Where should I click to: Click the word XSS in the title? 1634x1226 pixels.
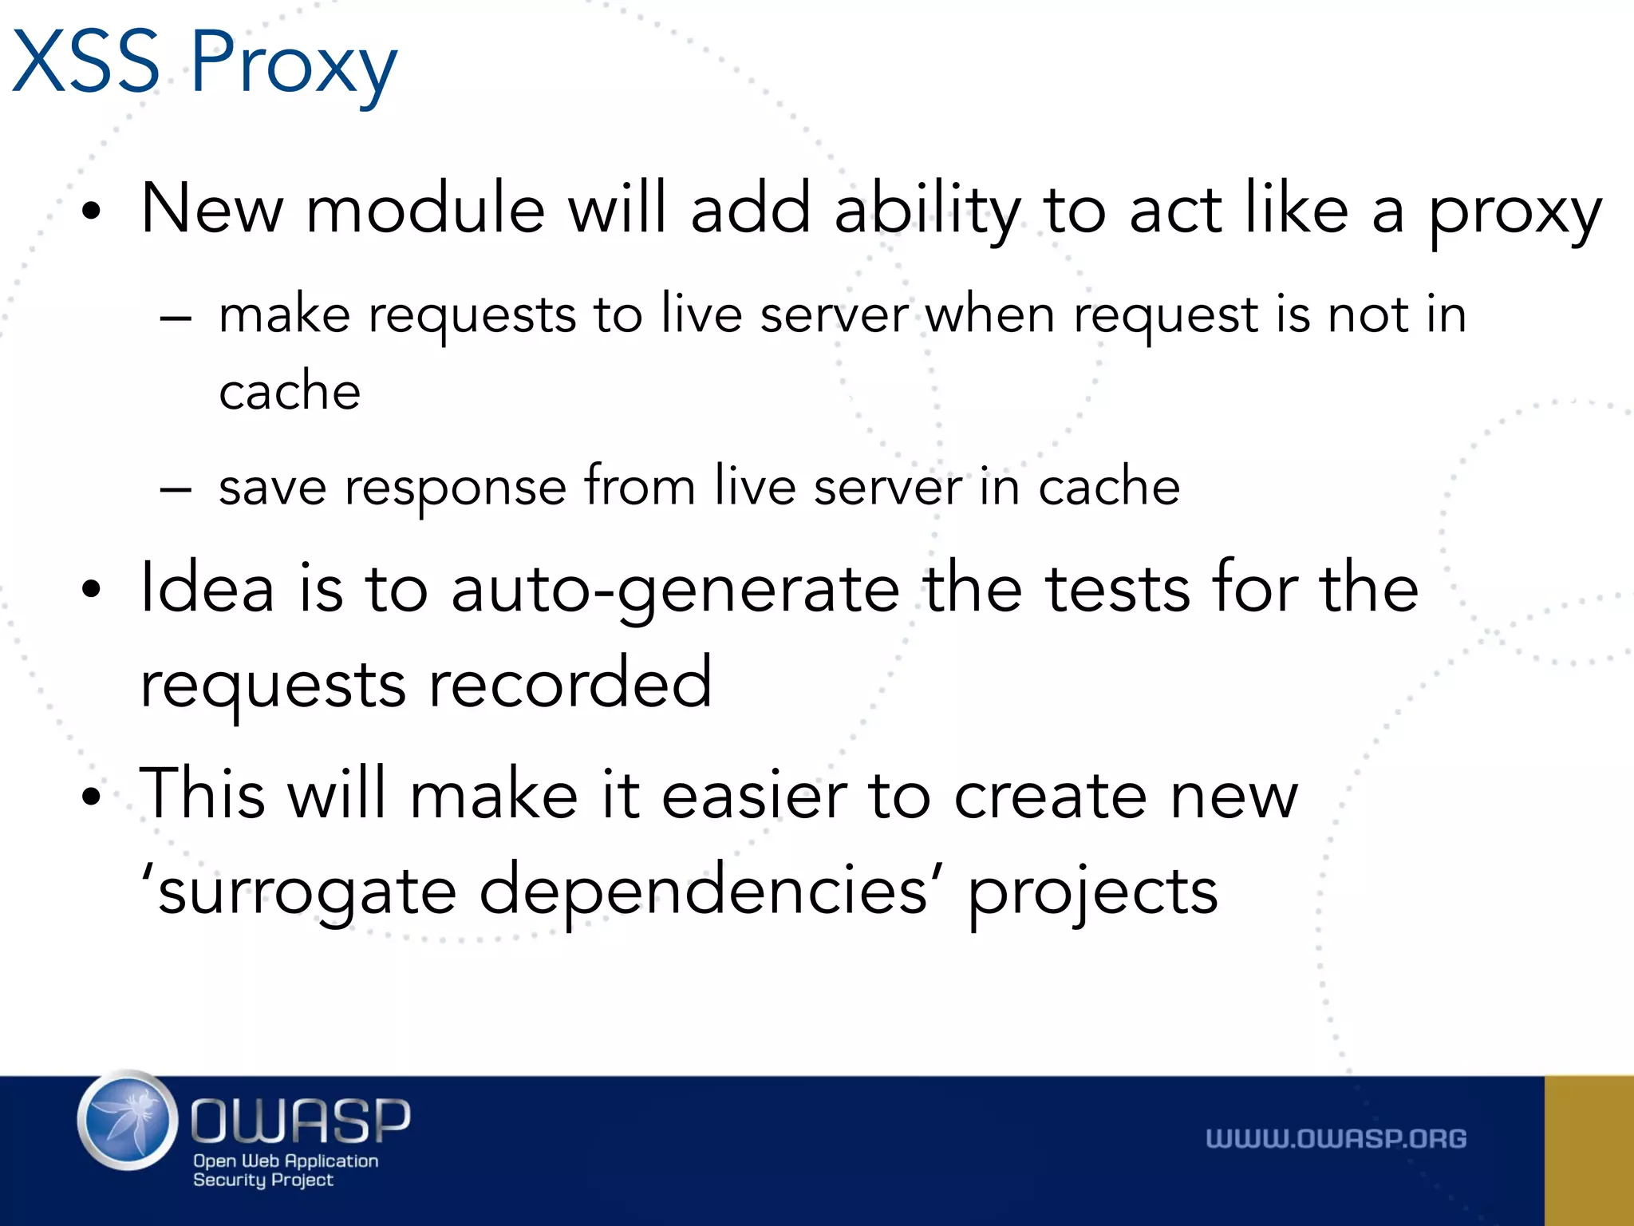86,62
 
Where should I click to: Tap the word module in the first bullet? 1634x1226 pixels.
425,209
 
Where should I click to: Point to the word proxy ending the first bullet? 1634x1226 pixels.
1514,214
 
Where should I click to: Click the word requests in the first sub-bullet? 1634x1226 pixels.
472,316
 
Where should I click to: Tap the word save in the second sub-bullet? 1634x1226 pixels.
272,486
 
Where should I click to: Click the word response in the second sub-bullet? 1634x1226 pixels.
455,488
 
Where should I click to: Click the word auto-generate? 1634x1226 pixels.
675,591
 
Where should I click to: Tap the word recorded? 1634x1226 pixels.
570,683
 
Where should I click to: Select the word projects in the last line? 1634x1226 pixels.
1092,894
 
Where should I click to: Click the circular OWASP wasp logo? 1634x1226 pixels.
128,1121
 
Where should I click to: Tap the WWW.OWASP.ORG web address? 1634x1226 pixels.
1336,1138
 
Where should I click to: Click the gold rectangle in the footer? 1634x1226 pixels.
1589,1150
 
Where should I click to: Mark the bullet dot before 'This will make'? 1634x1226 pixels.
93,796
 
